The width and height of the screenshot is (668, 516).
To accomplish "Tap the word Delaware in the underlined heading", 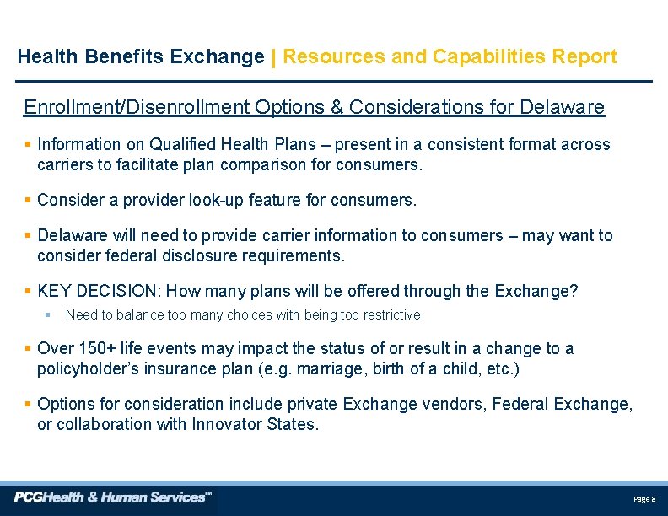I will (x=563, y=108).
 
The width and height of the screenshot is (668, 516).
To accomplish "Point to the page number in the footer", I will (x=644, y=500).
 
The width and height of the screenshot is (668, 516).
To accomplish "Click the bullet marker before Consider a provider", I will (x=28, y=200).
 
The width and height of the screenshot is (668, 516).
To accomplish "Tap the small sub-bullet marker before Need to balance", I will (x=48, y=315).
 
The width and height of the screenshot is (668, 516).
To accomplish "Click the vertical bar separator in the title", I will (x=273, y=57).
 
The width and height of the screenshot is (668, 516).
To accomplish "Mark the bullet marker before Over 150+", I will (x=28, y=348).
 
